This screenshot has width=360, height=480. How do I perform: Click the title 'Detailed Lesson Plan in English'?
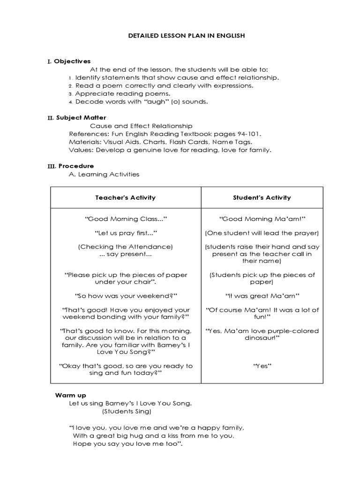tap(180, 36)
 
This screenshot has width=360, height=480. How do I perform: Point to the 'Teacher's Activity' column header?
tap(126, 198)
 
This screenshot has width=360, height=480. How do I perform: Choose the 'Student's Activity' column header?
tap(262, 198)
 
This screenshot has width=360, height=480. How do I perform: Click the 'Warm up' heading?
tap(71, 395)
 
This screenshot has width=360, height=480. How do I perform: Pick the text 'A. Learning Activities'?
tap(104, 174)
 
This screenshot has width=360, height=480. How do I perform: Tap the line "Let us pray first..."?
tap(126, 233)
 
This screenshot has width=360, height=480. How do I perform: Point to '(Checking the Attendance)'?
tap(126, 247)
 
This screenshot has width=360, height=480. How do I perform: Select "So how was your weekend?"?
tap(126, 296)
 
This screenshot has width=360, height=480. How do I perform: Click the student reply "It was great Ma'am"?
tap(262, 296)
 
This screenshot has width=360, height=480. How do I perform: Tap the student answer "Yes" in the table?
tap(262, 366)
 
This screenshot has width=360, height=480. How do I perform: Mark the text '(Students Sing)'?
tap(127, 412)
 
